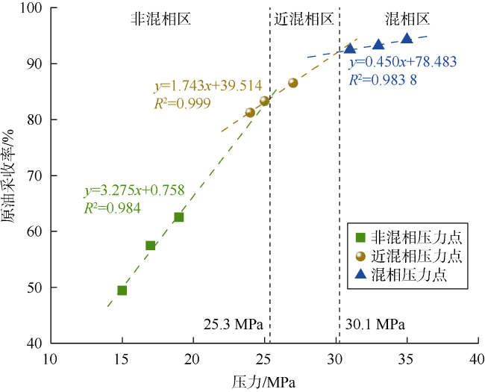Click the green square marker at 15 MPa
click(x=122, y=290)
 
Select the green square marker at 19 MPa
click(x=179, y=217)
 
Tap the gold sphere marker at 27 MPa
click(x=293, y=83)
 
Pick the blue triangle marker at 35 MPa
click(x=407, y=39)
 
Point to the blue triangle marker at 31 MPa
click(x=350, y=49)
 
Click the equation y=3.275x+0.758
click(x=134, y=190)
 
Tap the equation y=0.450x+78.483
click(x=403, y=62)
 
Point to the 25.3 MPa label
click(x=232, y=325)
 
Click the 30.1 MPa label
click(x=375, y=325)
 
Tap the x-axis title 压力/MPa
click(x=263, y=380)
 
